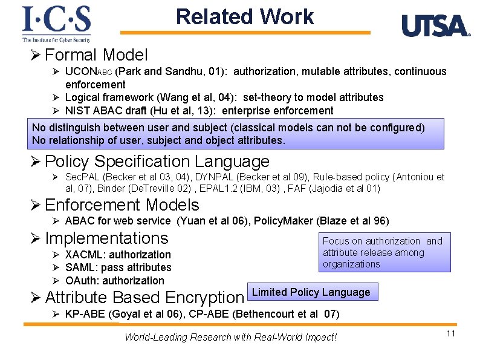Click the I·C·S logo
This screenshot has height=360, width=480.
point(56,24)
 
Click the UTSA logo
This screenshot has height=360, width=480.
point(435,26)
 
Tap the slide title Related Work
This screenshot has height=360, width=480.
point(245,16)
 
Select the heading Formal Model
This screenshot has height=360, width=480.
point(96,55)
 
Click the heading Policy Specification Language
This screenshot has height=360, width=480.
point(157,162)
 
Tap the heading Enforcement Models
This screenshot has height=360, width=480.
point(122,205)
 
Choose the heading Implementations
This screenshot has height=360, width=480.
point(106,238)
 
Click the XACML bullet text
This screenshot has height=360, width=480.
point(118,255)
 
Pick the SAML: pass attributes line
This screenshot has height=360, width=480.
point(118,267)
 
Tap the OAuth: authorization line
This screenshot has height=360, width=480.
point(114,281)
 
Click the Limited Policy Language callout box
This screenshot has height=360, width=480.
point(311,292)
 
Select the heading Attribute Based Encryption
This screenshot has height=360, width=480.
point(144,298)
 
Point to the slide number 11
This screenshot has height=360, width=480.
point(450,334)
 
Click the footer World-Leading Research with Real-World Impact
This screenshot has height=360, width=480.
point(230,337)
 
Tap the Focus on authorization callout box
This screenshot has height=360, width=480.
point(386,252)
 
